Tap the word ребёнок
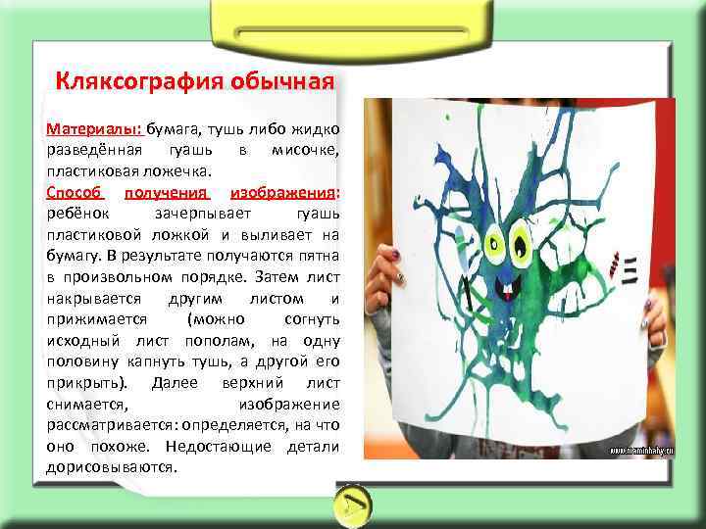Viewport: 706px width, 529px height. [77, 215]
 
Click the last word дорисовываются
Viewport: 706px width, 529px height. [112, 467]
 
